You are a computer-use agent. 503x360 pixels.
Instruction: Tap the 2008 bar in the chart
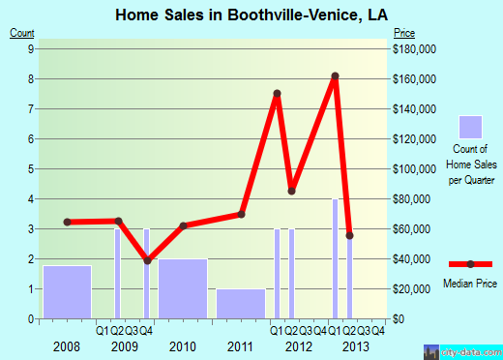point(68,291)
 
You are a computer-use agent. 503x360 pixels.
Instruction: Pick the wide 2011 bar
point(241,303)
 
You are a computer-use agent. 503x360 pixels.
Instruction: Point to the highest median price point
point(336,76)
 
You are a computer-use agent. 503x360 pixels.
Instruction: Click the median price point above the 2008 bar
point(68,222)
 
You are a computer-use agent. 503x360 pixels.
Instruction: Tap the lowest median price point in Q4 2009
point(147,260)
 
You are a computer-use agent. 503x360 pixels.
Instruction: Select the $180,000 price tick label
point(414,48)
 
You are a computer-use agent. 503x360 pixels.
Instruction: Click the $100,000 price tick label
point(414,168)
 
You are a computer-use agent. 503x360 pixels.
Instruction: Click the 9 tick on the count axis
point(31,48)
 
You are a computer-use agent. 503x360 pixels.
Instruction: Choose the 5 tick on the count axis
point(31,168)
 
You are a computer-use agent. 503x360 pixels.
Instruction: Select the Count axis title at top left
point(23,34)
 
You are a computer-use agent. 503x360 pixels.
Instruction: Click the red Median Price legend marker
point(471,264)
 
